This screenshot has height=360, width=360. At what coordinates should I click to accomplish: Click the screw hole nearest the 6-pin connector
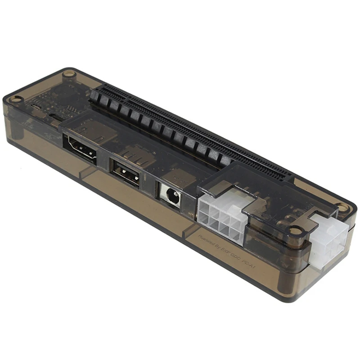[296, 230]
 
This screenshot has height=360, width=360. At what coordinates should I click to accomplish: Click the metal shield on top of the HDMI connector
[90, 130]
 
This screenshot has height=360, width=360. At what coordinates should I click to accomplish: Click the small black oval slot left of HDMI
[57, 117]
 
